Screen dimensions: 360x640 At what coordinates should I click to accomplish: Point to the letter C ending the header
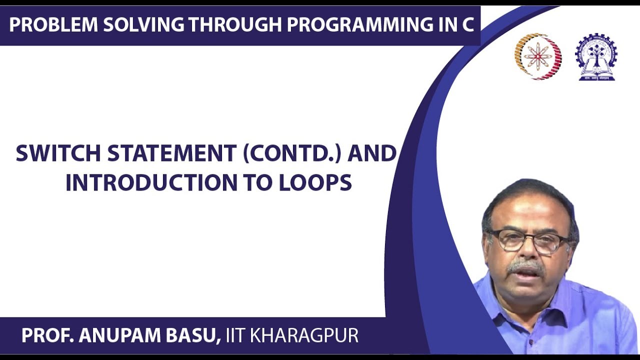tap(467, 24)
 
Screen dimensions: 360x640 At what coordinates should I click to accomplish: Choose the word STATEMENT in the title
tap(172, 153)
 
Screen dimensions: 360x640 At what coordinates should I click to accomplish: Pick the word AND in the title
tap(372, 153)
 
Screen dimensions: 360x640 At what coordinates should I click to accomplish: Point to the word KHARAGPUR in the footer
tap(304, 335)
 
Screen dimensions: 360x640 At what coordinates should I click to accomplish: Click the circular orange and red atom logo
tap(538, 56)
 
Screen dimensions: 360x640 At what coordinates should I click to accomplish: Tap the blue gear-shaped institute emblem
tap(596, 56)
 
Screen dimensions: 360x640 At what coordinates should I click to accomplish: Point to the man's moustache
tap(525, 266)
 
